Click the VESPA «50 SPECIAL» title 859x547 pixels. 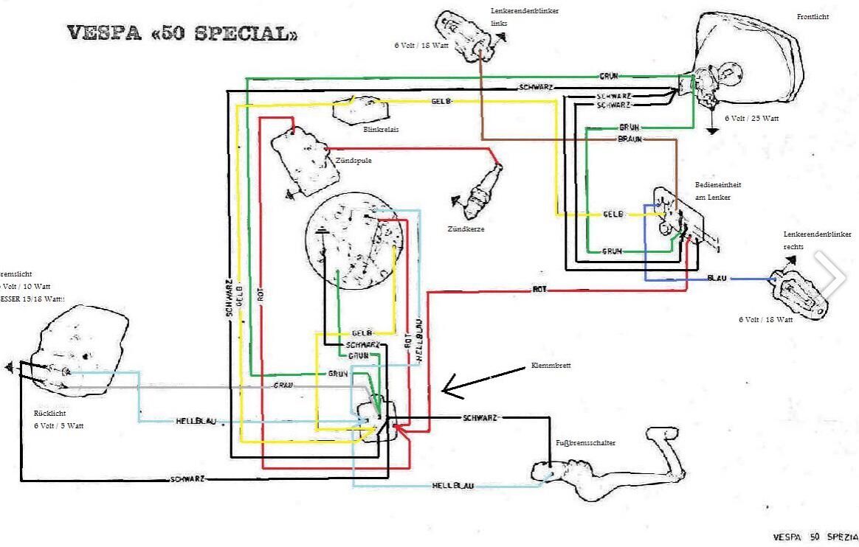point(183,34)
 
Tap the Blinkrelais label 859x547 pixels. point(382,129)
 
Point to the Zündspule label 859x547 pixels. point(353,160)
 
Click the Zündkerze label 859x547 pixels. point(464,229)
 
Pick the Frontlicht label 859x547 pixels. point(813,17)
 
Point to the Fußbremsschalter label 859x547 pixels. point(585,443)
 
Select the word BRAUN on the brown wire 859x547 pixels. point(629,139)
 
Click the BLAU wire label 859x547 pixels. point(717,279)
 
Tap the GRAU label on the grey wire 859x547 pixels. point(284,386)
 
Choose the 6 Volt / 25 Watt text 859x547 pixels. point(751,119)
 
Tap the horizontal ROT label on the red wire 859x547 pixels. point(539,290)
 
